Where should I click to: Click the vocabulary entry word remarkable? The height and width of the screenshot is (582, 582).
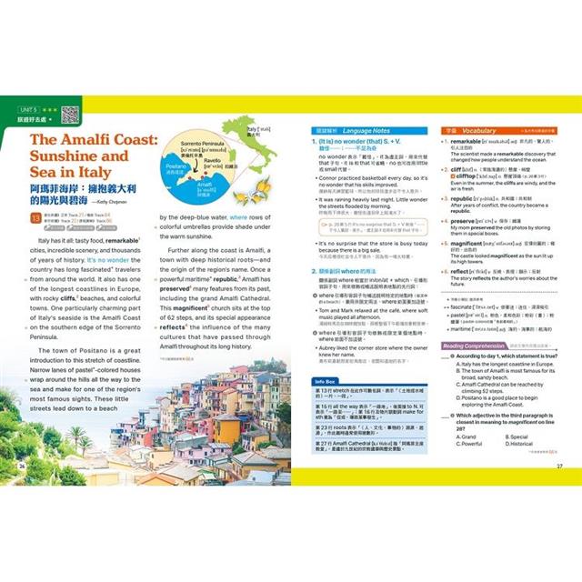coord(471,144)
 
